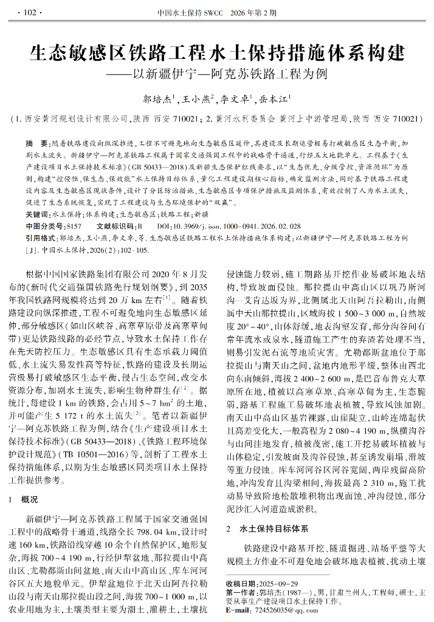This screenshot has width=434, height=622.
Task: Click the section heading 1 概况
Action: click(26, 499)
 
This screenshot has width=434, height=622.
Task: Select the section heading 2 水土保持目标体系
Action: click(267, 528)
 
